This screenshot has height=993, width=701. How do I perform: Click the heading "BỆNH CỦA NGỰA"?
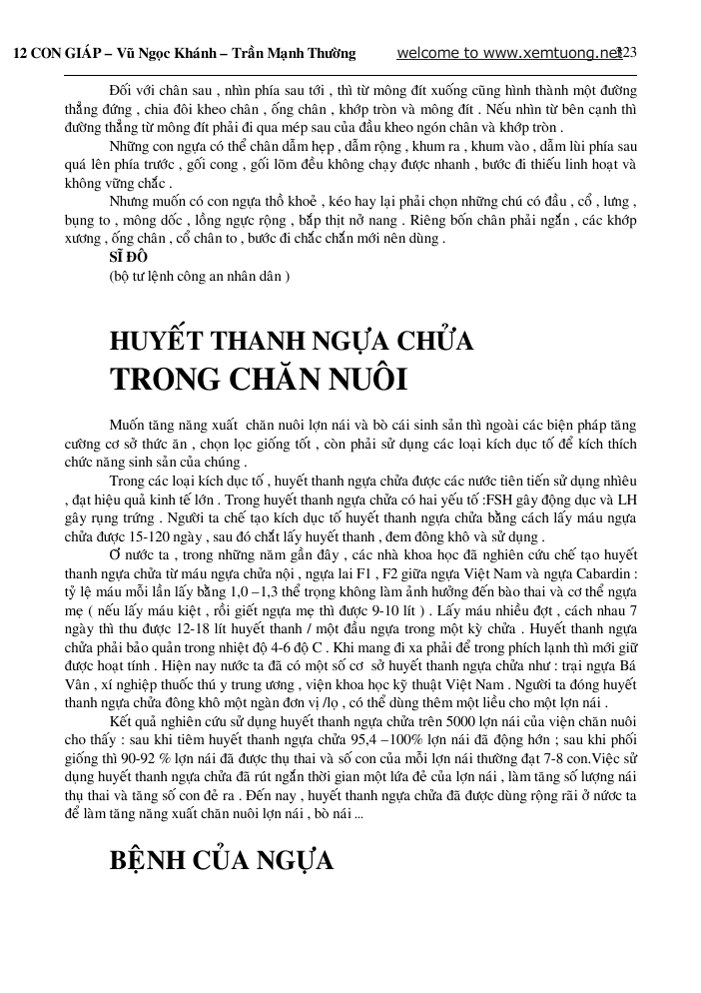(x=221, y=861)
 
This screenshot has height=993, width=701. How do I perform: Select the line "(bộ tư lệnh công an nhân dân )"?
(x=200, y=275)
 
